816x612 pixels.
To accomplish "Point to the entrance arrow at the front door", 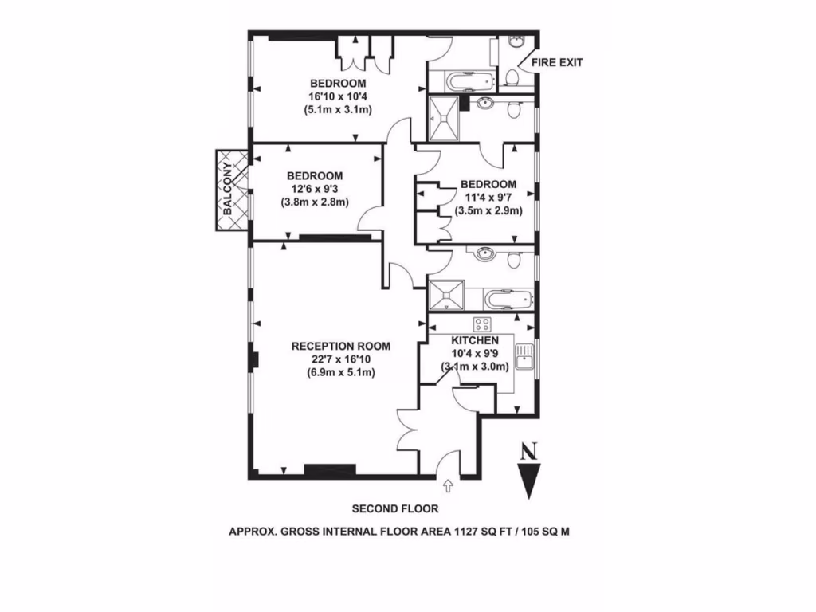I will (447, 484).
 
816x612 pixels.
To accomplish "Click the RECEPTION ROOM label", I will (340, 346).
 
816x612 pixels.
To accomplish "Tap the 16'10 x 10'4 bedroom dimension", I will (338, 96).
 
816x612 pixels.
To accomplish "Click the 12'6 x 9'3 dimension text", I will (315, 189).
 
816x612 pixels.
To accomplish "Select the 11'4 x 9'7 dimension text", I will (488, 198).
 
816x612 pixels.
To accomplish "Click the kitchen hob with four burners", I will (482, 324).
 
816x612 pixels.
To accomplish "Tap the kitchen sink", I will (524, 358).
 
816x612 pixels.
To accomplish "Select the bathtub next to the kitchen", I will (508, 300).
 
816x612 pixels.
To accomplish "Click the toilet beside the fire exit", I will (512, 76).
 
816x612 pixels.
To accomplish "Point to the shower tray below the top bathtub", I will (444, 118).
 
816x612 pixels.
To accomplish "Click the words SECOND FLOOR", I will (395, 508).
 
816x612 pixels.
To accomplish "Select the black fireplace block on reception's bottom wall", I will (330, 469).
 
